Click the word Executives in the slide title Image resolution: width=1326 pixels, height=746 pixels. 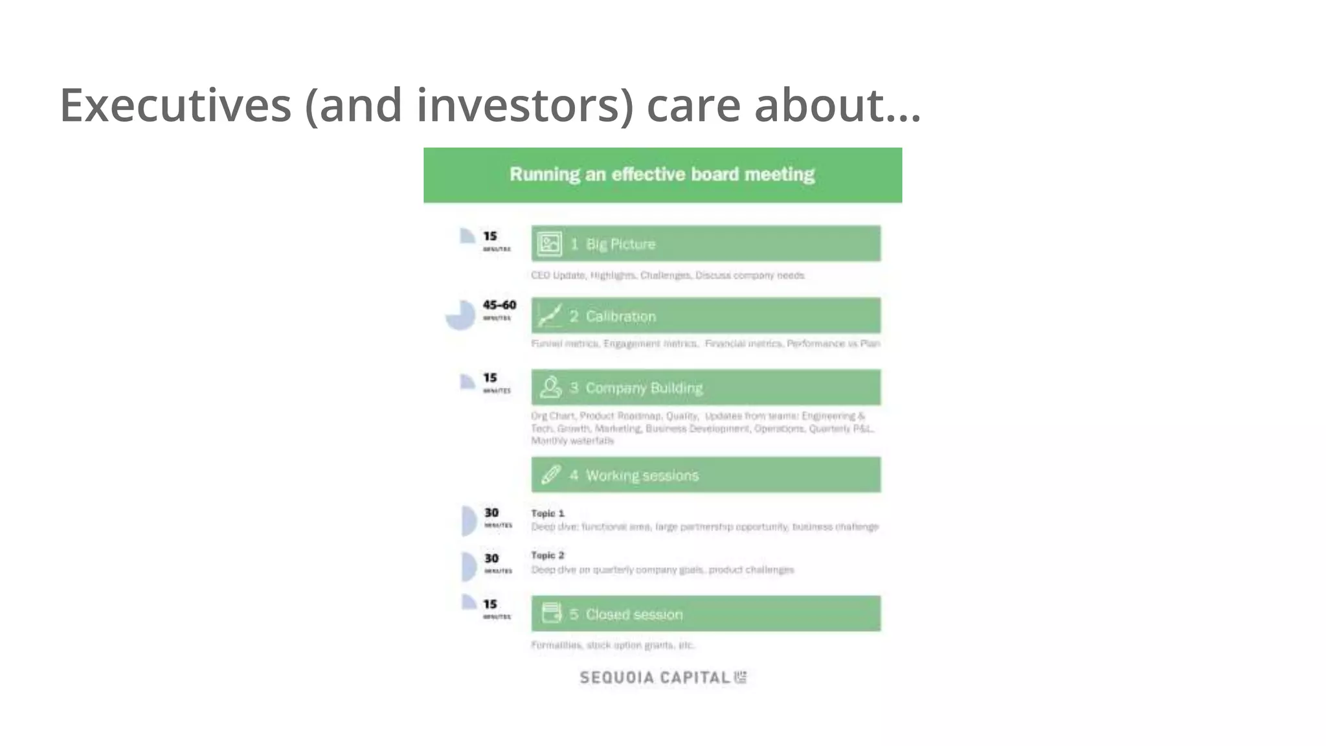coord(175,106)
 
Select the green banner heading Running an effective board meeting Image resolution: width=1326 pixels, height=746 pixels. coord(662,175)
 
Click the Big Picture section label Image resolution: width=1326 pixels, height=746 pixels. coord(620,244)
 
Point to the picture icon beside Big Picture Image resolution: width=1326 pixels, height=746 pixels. coord(549,244)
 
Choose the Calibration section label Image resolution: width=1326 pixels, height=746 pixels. coord(620,317)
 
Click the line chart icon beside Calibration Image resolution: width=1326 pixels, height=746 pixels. coord(549,316)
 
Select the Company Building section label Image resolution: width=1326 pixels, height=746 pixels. coord(644,388)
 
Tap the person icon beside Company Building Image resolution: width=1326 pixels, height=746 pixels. coord(550,387)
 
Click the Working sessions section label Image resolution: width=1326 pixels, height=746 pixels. coord(642,475)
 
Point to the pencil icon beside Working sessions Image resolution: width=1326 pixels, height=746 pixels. coord(550,475)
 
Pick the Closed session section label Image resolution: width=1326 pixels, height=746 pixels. coord(634,614)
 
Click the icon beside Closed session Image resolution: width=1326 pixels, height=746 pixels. coord(551,613)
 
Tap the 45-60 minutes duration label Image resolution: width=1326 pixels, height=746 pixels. coord(499,309)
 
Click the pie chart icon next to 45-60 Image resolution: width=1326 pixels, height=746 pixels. coord(460,315)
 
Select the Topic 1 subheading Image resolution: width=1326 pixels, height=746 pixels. coord(548,513)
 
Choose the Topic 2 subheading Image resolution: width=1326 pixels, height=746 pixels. coord(548,555)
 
